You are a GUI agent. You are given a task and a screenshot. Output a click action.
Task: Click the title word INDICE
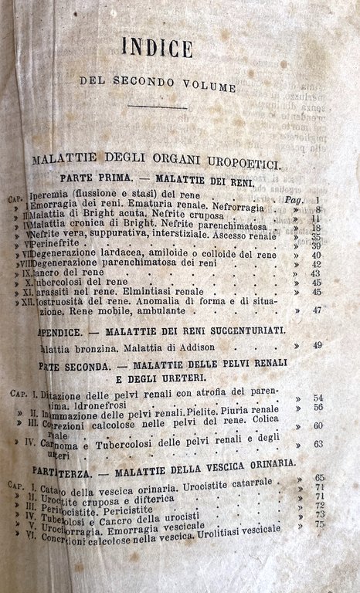(x=157, y=48)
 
